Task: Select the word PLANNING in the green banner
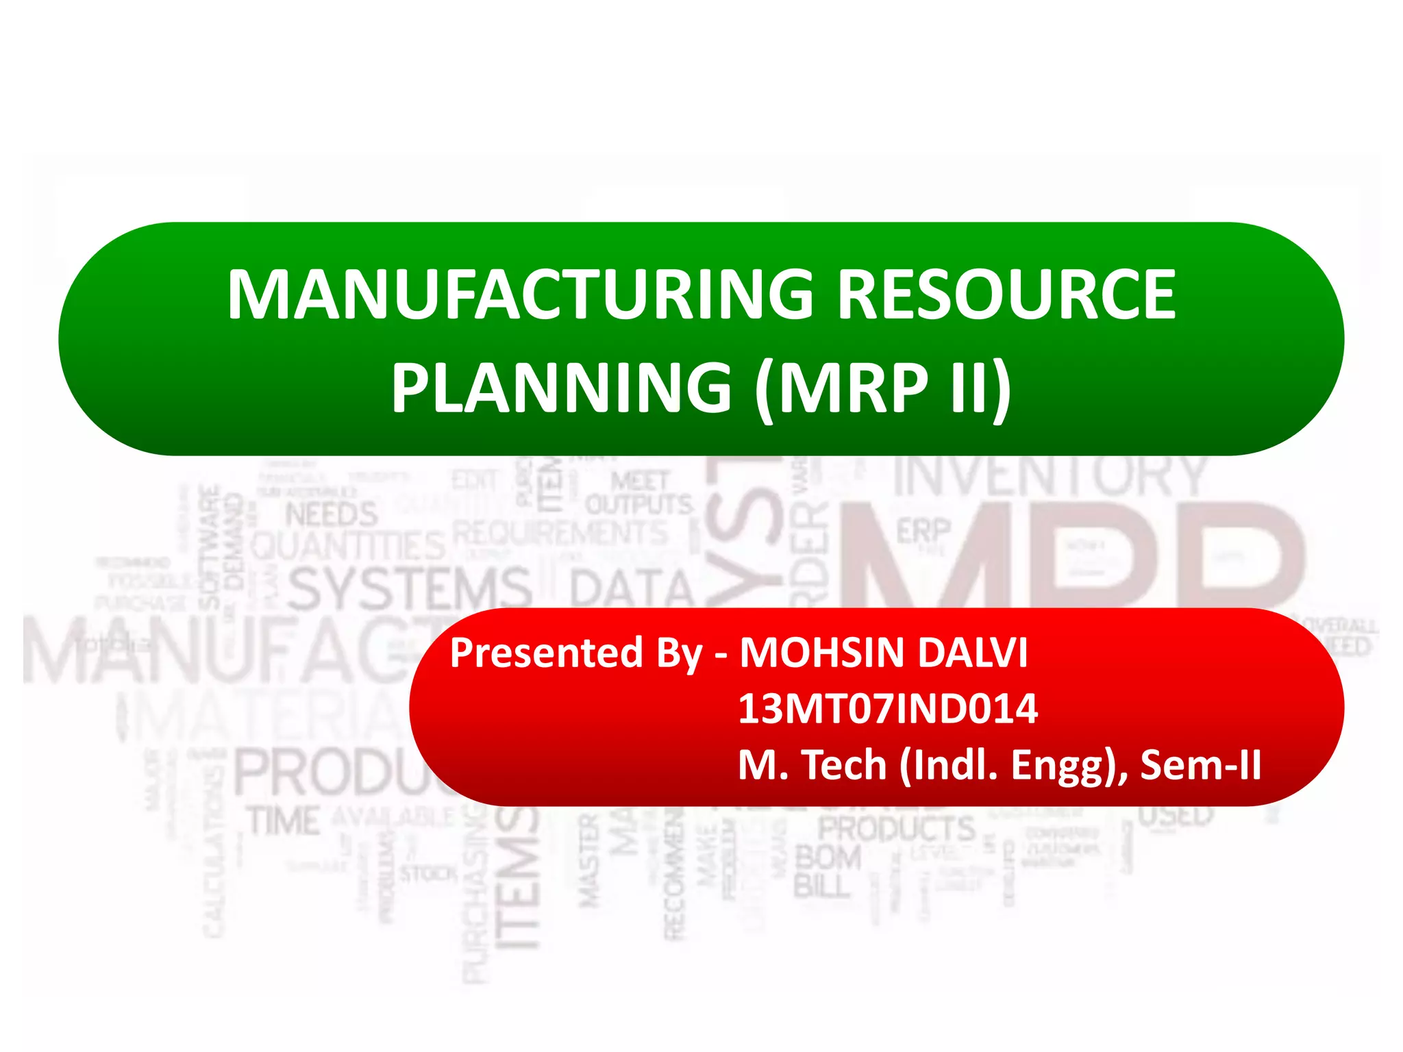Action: pos(562,388)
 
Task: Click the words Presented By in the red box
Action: pos(575,652)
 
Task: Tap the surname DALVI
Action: pos(973,652)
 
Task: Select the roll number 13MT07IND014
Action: pos(888,708)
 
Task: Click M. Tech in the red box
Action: pos(812,764)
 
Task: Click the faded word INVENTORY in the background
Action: pos(1051,475)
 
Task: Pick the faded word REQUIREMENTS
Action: pos(560,533)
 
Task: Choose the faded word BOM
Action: pos(828,857)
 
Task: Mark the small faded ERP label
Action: pos(923,531)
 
